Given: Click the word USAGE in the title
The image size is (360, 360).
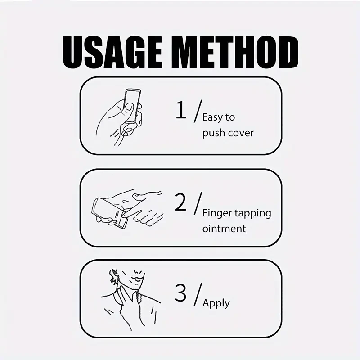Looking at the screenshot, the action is (112, 53).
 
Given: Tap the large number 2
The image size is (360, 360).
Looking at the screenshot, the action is (180, 202).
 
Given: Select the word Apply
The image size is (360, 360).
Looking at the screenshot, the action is (216, 303).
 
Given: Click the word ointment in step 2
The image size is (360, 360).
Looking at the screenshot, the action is (224, 229).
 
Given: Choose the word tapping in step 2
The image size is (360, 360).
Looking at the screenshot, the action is (253, 213).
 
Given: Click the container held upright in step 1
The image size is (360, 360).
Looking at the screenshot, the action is (132, 107).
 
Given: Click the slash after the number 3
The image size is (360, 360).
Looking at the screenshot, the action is (198, 294).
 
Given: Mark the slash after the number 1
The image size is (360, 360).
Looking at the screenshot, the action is (198, 111).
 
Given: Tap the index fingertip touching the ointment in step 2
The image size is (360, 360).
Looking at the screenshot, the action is (124, 215).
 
